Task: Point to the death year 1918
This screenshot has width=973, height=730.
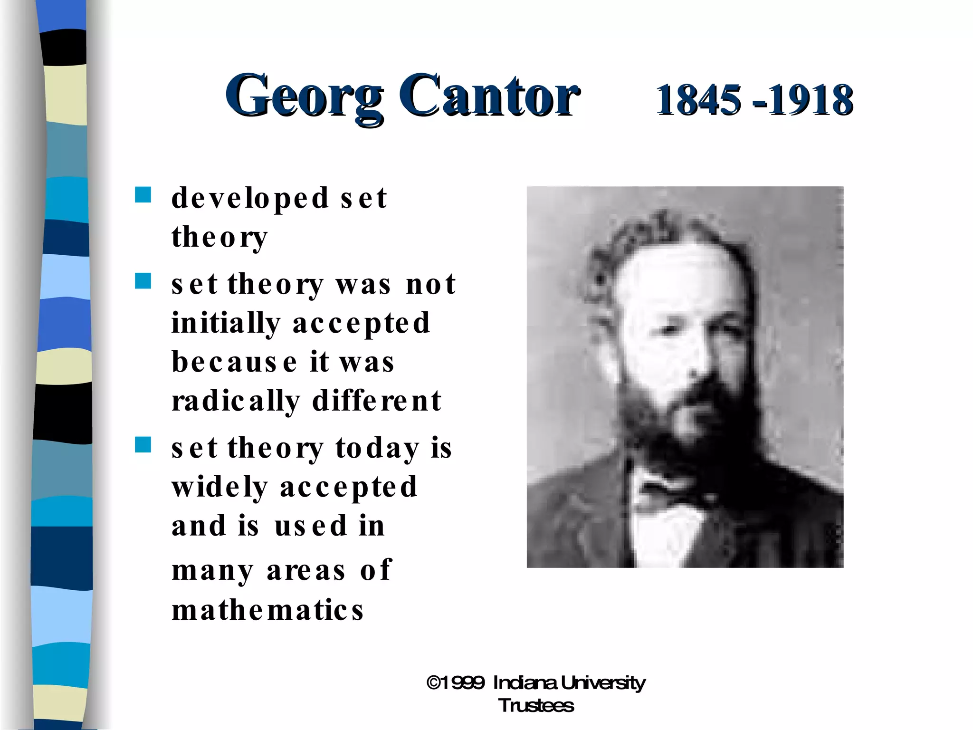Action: [811, 100]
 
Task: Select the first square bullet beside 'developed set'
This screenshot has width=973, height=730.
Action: [143, 195]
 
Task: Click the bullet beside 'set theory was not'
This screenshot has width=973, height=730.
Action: [143, 281]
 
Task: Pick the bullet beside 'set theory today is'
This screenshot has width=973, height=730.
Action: [143, 445]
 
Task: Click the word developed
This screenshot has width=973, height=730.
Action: [250, 199]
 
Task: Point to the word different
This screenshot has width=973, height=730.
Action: [377, 401]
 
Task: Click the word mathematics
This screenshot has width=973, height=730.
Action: [267, 610]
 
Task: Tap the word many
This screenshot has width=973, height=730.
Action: [212, 571]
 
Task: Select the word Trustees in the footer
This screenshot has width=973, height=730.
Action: [536, 706]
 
